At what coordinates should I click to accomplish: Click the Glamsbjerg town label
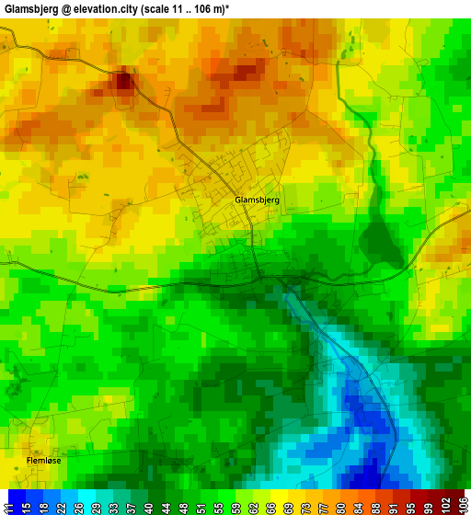click(x=257, y=200)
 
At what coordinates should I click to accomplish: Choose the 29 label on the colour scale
click(x=97, y=503)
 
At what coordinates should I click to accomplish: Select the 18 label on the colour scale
click(x=43, y=503)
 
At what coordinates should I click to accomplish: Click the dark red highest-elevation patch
click(x=122, y=80)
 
